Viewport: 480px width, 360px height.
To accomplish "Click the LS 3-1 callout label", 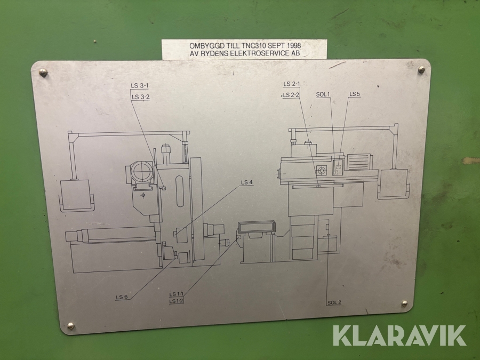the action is [x=140, y=86].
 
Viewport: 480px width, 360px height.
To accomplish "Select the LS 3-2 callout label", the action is [x=141, y=97].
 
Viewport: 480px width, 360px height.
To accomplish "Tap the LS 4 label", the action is [x=247, y=182].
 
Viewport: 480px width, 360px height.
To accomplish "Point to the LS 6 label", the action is [x=122, y=297].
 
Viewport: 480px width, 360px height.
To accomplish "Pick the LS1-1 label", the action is [x=177, y=294].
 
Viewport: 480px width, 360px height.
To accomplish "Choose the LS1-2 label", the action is [x=177, y=301].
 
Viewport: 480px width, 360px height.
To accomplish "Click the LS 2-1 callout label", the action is [x=291, y=84].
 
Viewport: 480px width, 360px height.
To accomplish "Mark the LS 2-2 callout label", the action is [x=291, y=95].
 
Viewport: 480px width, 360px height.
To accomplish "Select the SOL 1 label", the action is [x=323, y=94].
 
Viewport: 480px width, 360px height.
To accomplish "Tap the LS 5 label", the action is [x=355, y=94].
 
